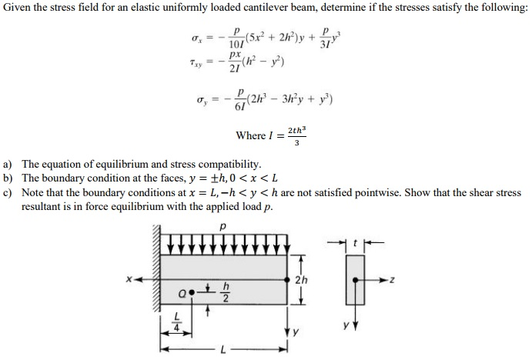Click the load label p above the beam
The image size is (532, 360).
pyautogui.click(x=223, y=228)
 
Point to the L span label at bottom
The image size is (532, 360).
pyautogui.click(x=223, y=352)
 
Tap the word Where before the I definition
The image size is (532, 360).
pyautogui.click(x=249, y=136)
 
